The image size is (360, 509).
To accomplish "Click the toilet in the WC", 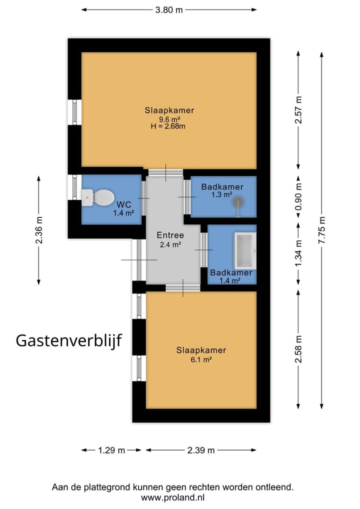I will point(99,197).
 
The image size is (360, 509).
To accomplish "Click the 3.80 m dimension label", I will point(168,9).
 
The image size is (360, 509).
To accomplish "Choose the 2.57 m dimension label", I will point(298,110).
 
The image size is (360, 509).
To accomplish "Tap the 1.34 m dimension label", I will point(298,253).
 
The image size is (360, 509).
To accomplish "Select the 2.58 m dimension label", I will point(298,349).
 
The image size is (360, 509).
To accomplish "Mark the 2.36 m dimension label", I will point(39,230).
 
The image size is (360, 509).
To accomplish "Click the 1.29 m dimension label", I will point(111,450).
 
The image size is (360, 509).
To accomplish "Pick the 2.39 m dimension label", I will point(201,450).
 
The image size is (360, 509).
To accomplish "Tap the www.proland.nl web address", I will point(172,497).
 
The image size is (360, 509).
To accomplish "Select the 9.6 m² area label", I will point(169,119).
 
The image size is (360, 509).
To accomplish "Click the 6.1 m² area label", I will point(201,359).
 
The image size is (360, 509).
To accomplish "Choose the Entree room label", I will point(170,235).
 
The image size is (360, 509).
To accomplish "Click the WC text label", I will point(123,205).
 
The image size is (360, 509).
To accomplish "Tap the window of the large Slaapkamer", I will point(74,112).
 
